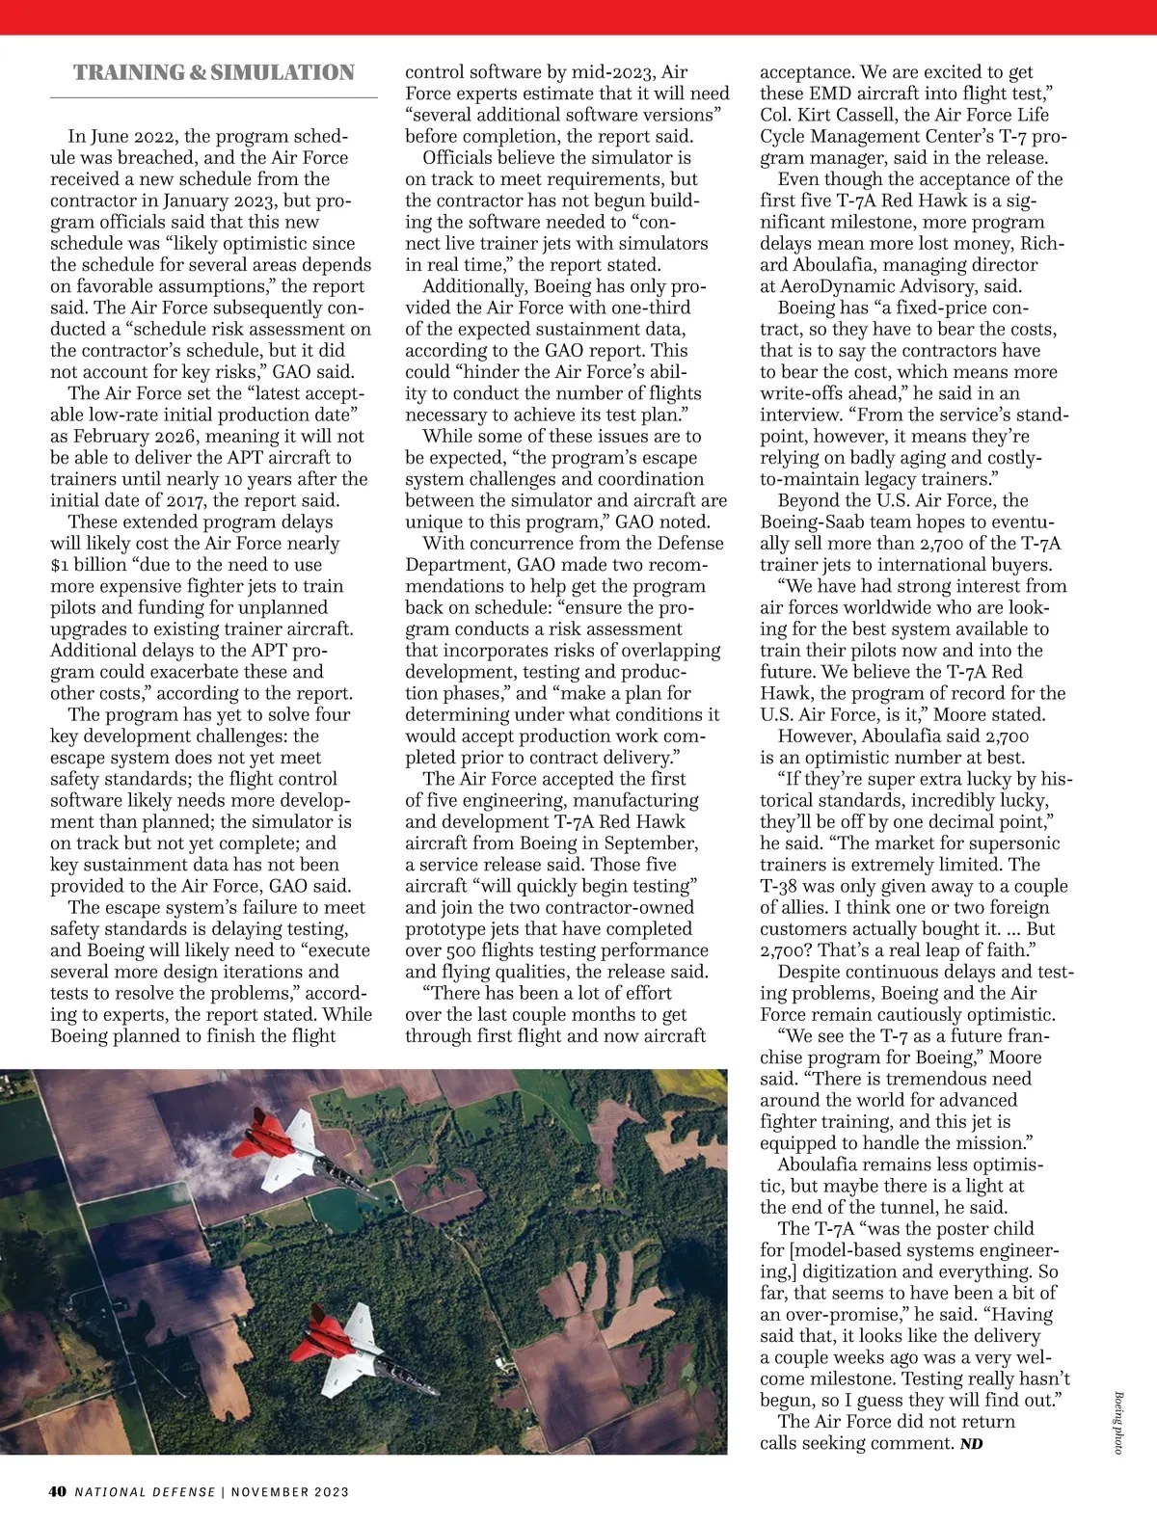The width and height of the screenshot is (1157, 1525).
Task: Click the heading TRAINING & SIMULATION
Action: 214,73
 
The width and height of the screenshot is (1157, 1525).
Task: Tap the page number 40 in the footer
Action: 58,1491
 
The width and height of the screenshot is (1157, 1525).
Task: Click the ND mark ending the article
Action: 971,1444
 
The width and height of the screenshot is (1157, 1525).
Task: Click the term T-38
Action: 780,887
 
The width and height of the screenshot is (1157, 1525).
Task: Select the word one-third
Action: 646,308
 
